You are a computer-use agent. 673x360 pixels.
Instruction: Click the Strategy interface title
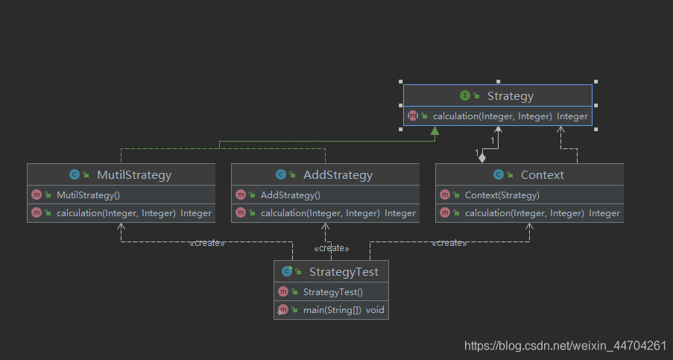click(x=510, y=96)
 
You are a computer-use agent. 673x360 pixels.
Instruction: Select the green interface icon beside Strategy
click(x=464, y=95)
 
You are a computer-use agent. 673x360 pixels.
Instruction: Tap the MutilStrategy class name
click(x=134, y=175)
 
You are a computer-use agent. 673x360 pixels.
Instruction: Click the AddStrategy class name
click(x=338, y=175)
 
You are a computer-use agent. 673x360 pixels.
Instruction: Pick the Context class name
click(x=542, y=175)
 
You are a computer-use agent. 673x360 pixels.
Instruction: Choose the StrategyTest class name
click(x=344, y=272)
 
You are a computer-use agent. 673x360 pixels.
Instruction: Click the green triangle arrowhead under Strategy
click(x=435, y=130)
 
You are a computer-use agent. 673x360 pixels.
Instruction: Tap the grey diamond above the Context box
click(x=482, y=157)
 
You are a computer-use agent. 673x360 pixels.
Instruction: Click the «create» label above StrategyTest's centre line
click(x=332, y=248)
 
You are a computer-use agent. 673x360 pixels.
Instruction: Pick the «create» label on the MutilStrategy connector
click(x=207, y=243)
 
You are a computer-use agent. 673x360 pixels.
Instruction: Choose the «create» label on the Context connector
click(x=449, y=243)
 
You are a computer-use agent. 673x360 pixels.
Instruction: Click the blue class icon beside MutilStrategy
click(x=75, y=174)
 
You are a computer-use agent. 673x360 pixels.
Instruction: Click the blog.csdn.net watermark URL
click(x=565, y=345)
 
